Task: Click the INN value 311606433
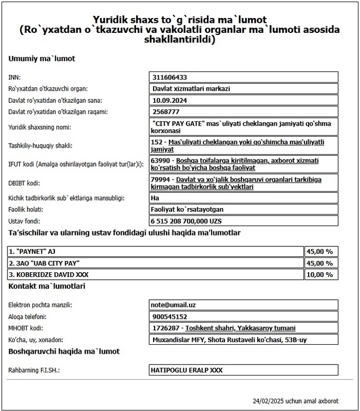pyautogui.click(x=169, y=77)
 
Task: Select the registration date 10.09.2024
pyautogui.click(x=169, y=100)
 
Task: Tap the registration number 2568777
pyautogui.click(x=166, y=111)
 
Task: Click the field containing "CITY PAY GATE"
pyautogui.click(x=244, y=127)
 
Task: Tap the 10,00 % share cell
pyautogui.click(x=321, y=274)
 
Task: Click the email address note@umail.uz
pyautogui.click(x=174, y=305)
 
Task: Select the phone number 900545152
pyautogui.click(x=169, y=317)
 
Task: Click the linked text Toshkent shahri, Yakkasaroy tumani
pyautogui.click(x=240, y=328)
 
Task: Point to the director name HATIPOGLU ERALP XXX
pyautogui.click(x=187, y=370)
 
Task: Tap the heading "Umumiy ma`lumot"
pyautogui.click(x=42, y=58)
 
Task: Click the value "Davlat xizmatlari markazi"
pyautogui.click(x=191, y=88)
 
